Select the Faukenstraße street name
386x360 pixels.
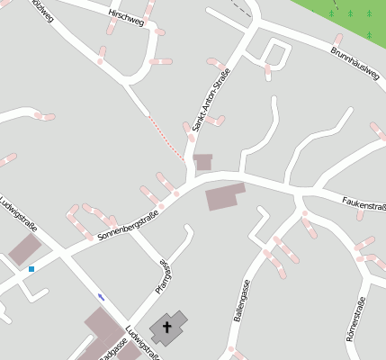[364, 204]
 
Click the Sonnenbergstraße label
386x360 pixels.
[128, 226]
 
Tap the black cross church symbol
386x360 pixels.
[166, 327]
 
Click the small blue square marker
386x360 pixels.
[31, 268]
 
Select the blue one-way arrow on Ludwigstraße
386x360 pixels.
[101, 297]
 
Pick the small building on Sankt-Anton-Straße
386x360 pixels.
[203, 162]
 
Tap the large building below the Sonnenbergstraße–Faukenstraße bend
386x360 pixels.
[225, 196]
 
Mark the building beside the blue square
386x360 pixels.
[24, 249]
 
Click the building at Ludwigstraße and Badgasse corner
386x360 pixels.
[103, 328]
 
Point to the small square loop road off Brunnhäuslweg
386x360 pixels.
[276, 54]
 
